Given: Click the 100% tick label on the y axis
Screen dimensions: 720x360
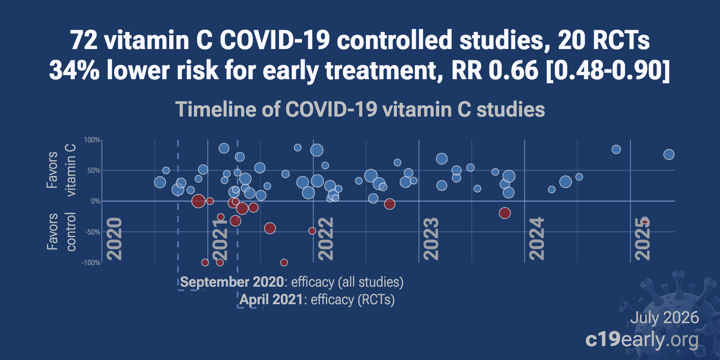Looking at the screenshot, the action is (92, 140).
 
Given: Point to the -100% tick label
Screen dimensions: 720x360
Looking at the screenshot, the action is (91, 263).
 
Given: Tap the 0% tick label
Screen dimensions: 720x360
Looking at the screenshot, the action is (95, 201).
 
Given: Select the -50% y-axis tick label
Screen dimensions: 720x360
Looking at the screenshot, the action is (92, 232).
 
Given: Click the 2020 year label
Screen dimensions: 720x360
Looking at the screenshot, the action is (114, 239).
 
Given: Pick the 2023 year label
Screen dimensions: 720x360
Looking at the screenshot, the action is (431, 239).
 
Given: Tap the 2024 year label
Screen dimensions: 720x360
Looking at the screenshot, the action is (537, 239).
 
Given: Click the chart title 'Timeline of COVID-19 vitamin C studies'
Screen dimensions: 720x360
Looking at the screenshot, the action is (360, 110).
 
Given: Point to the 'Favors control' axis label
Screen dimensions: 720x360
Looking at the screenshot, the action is (61, 231).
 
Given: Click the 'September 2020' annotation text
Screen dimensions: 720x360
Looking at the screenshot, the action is (232, 282).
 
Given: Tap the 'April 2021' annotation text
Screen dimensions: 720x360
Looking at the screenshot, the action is (271, 300).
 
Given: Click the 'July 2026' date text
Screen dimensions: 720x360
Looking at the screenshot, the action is (665, 318).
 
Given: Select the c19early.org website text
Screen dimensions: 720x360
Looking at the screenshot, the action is (642, 340).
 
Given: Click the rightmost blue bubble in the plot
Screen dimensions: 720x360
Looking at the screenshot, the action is (669, 155).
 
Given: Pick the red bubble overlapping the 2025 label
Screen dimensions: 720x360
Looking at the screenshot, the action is (645, 221).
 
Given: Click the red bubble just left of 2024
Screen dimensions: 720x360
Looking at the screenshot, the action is (504, 213).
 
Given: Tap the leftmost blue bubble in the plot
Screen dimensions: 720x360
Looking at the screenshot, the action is (160, 183).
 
